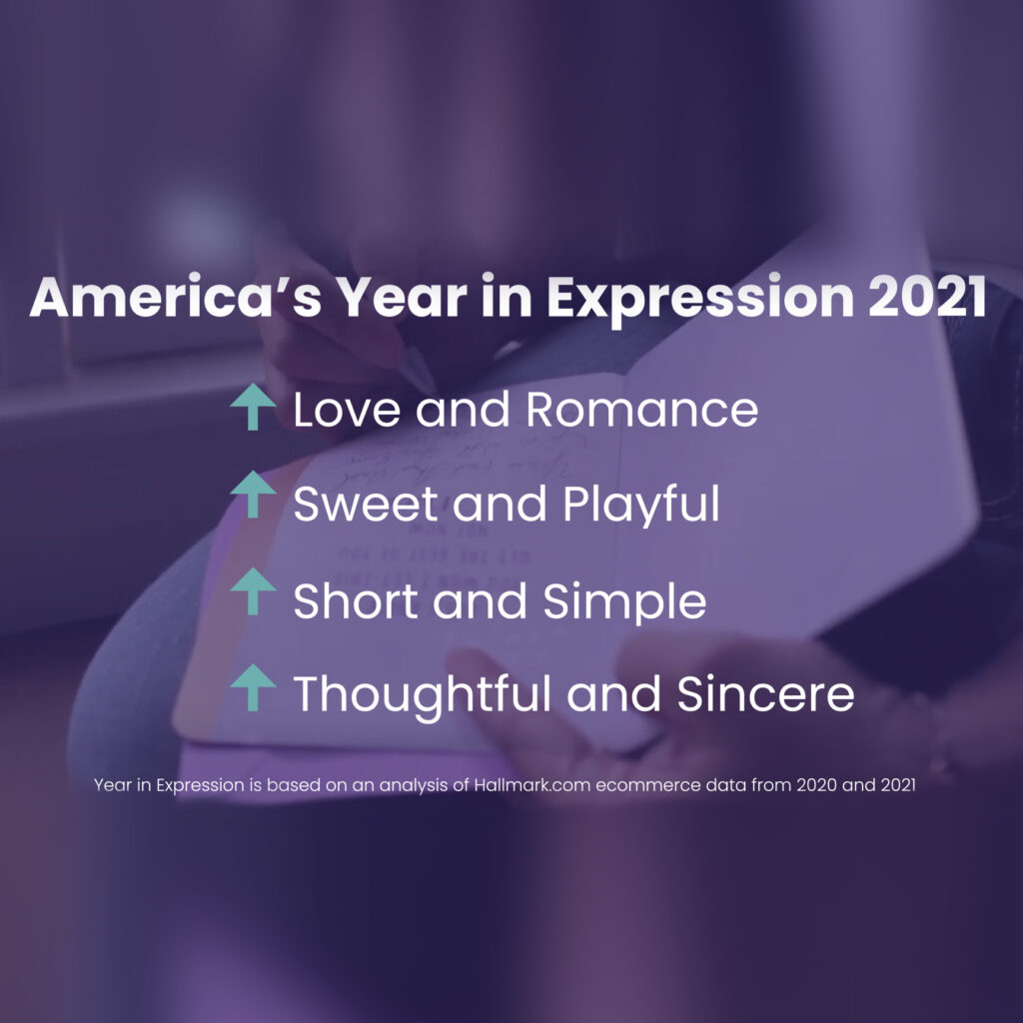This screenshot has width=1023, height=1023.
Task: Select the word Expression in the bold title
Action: click(x=677, y=298)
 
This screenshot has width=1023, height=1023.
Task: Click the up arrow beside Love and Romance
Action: click(x=253, y=410)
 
